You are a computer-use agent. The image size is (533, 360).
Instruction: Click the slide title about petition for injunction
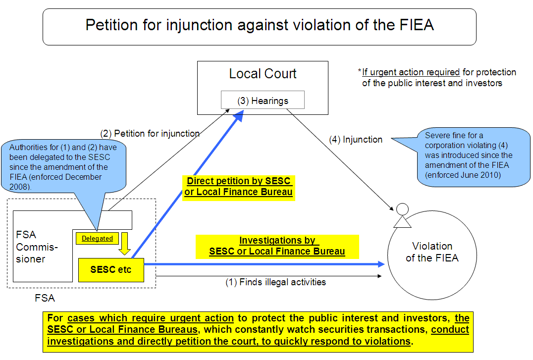260,26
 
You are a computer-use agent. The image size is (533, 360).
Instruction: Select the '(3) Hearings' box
263,101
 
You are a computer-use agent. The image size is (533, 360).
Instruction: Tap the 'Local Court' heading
263,74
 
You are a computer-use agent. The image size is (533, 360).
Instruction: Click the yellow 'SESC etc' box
111,270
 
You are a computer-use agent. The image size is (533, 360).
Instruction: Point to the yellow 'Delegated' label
97,238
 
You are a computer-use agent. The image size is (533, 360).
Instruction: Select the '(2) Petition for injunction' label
150,133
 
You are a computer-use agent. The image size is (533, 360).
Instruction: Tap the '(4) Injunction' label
356,140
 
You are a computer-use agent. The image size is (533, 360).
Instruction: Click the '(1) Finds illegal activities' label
276,282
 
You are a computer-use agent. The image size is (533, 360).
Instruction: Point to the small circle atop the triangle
402,208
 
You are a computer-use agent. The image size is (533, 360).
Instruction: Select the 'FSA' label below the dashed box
45,298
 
